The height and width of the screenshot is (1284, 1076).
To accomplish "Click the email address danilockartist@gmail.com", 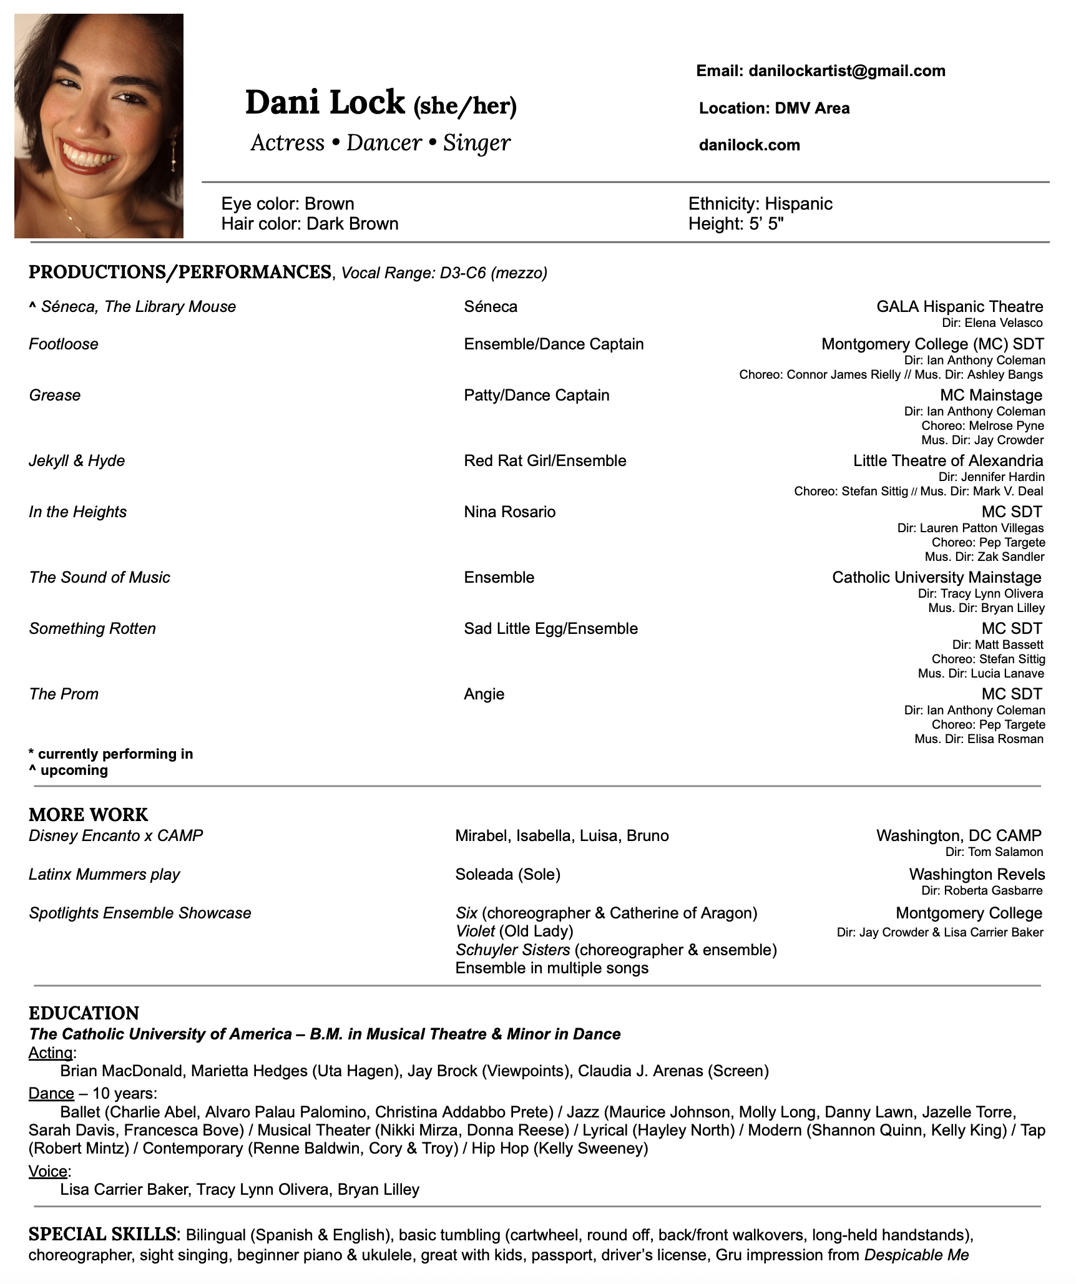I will [x=846, y=71].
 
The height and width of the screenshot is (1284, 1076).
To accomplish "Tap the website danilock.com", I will [x=749, y=145].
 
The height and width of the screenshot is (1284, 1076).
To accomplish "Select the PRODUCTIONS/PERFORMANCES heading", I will [x=180, y=272].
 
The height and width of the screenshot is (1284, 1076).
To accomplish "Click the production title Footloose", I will [x=64, y=344].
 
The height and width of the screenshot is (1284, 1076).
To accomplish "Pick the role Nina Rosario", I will [x=509, y=512].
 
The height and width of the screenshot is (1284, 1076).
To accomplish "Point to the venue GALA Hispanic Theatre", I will [x=959, y=307].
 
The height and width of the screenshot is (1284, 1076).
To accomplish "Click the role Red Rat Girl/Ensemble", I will [x=545, y=461].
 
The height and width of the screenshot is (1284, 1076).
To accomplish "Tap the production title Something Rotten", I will [x=92, y=629].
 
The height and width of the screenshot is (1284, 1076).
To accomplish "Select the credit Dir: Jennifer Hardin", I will [x=991, y=477].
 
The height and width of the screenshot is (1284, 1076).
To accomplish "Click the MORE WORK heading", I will [x=88, y=815].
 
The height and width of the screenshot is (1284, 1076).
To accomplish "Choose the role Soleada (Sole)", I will [x=507, y=875].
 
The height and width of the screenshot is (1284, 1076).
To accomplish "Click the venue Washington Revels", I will [x=976, y=875].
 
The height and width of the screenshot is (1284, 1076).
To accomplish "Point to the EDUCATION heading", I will [x=84, y=1013].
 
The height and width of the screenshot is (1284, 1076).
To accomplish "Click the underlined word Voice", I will [x=48, y=1172].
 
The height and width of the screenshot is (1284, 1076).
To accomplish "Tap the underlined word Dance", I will [x=51, y=1094].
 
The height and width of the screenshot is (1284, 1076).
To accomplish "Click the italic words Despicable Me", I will [x=916, y=1255].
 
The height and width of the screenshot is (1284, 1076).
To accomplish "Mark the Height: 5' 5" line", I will [x=735, y=224].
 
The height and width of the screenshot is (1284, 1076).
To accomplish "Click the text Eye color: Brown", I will [x=288, y=204].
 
